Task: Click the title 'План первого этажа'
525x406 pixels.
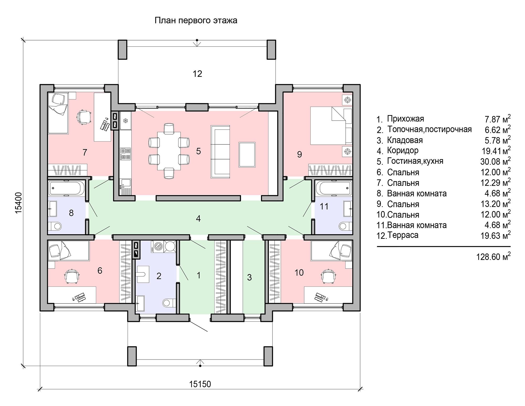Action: [x=196, y=20]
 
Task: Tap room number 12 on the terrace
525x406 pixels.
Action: [x=197, y=74]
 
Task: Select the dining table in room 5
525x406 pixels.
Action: [x=169, y=151]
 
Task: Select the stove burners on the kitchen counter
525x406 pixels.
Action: [x=125, y=154]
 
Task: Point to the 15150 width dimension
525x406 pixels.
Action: [x=200, y=384]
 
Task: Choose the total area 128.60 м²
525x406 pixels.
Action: [x=493, y=256]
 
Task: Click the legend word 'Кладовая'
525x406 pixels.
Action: [x=405, y=140]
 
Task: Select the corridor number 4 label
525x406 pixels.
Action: [x=198, y=218]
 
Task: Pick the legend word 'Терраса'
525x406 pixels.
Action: [x=403, y=235]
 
